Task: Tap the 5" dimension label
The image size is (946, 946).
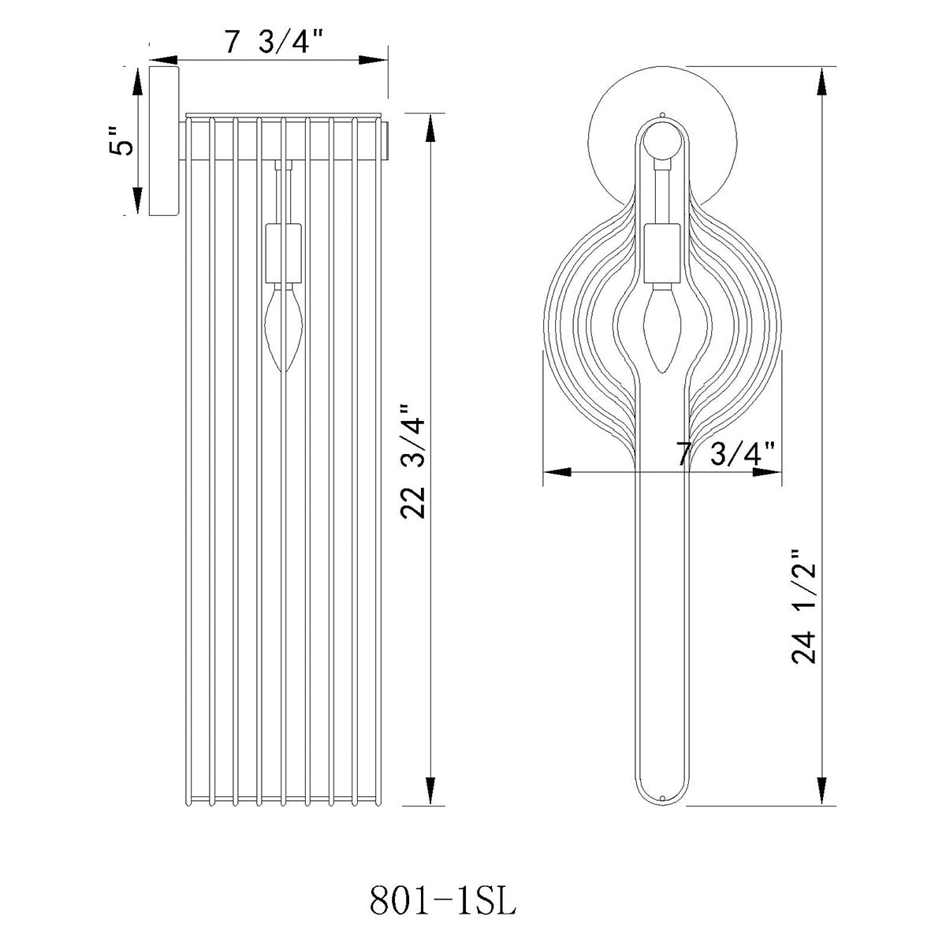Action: (x=121, y=141)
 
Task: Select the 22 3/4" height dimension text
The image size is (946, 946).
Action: (x=413, y=462)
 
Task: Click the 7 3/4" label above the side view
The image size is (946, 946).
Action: (x=274, y=43)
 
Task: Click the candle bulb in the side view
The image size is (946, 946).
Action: (x=284, y=329)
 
